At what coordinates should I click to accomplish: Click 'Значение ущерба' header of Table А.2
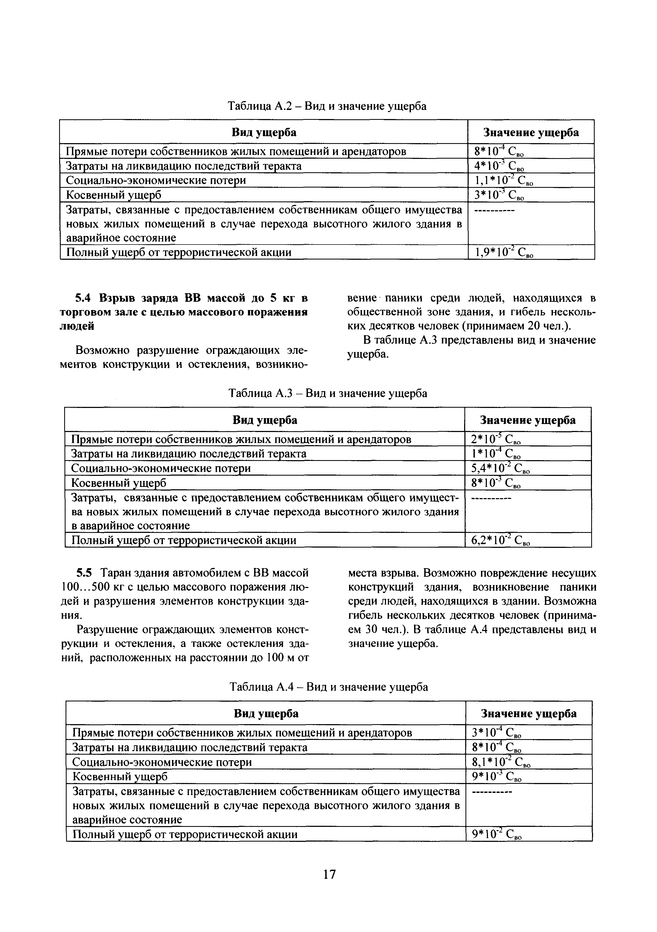coord(531,133)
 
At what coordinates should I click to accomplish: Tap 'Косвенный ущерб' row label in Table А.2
coord(114,195)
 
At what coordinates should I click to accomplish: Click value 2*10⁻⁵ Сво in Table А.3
coord(495,440)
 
